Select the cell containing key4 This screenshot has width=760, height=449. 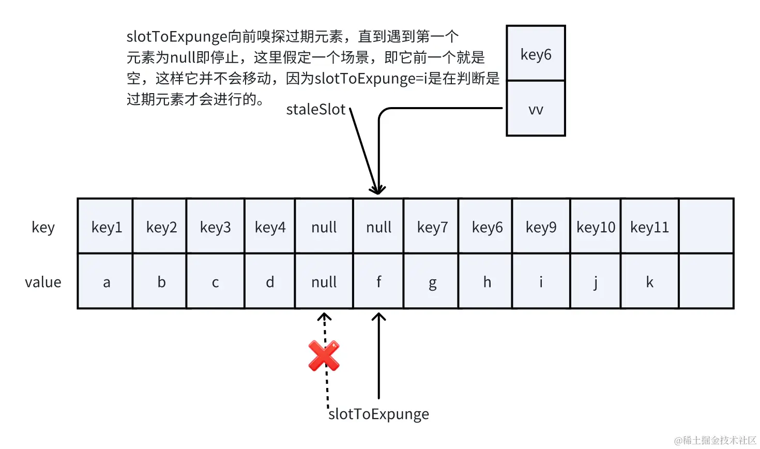click(x=270, y=227)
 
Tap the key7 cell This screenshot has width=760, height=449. click(x=432, y=227)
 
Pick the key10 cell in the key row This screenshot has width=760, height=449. click(x=596, y=227)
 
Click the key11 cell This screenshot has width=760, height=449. click(x=650, y=227)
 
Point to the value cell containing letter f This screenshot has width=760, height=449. click(x=378, y=281)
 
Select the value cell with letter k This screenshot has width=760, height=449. click(x=650, y=281)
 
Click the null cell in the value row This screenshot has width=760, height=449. click(x=324, y=281)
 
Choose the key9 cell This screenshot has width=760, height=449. click(x=541, y=227)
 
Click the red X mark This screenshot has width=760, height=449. click(x=324, y=355)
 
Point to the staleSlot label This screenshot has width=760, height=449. click(x=316, y=109)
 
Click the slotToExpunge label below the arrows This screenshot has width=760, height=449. click(x=379, y=414)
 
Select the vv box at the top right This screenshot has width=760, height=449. click(x=536, y=109)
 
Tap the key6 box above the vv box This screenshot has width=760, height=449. click(x=536, y=54)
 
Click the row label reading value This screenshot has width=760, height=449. click(x=43, y=282)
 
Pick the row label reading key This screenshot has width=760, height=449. click(x=43, y=227)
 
